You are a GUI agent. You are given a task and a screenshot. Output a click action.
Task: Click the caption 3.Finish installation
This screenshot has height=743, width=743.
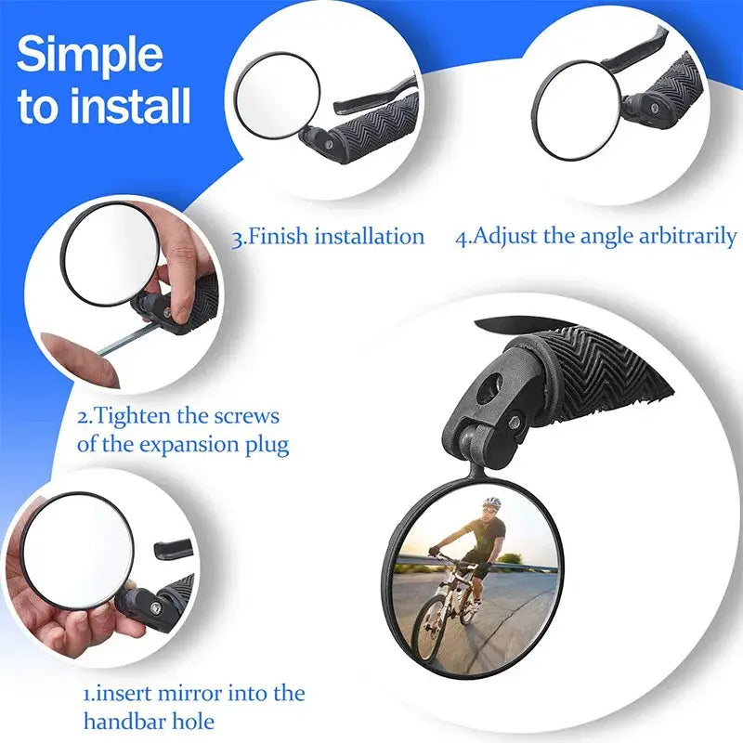pyautogui.click(x=328, y=236)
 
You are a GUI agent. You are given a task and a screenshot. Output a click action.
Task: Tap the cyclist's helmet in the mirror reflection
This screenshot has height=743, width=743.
pyautogui.click(x=491, y=502)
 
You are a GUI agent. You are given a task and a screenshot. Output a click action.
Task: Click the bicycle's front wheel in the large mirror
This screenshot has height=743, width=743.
pyautogui.click(x=431, y=630)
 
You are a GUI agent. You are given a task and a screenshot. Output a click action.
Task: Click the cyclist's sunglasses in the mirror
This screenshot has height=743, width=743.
pyautogui.click(x=489, y=512)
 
